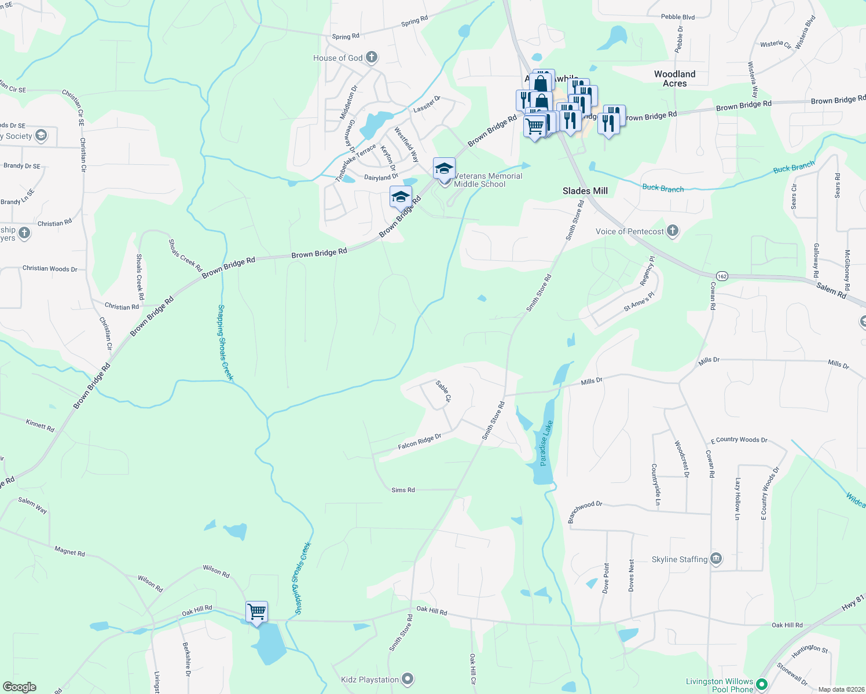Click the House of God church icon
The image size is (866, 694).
372,57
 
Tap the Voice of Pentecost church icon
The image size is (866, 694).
672,231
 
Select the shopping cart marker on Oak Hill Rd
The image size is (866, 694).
256,611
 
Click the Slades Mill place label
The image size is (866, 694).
585,191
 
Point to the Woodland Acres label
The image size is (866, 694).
674,79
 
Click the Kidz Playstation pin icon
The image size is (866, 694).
408,679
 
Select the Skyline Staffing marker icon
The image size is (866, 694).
716,559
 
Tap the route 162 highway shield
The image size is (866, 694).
721,276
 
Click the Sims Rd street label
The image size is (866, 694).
403,490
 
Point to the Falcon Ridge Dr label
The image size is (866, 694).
419,442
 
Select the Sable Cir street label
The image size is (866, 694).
443,391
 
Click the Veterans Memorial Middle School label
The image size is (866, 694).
488,180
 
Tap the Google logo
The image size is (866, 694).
19,687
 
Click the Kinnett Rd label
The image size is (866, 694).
40,426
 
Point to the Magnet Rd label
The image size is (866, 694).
69,552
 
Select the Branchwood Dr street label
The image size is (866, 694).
585,512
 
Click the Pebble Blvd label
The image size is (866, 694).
677,17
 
